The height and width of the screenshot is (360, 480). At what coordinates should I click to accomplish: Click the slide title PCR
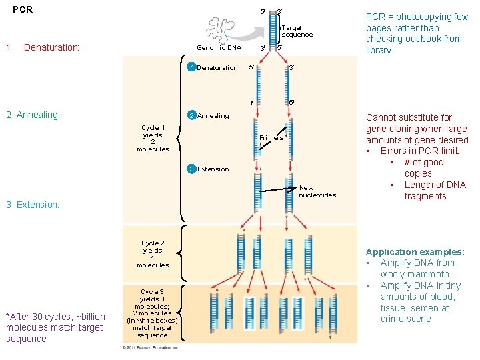pyautogui.click(x=23, y=10)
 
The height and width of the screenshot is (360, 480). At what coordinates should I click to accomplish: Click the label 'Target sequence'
pyautogui.click(x=297, y=31)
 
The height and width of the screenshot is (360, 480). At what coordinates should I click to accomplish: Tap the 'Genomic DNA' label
pyautogui.click(x=219, y=48)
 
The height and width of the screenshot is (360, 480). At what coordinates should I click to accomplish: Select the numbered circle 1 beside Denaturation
pyautogui.click(x=191, y=67)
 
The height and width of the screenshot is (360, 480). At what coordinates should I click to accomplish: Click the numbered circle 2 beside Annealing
pyautogui.click(x=191, y=116)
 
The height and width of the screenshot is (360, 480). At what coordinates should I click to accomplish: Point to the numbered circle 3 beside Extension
pyautogui.click(x=191, y=169)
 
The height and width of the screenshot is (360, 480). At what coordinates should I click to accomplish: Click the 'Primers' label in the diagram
pyautogui.click(x=271, y=138)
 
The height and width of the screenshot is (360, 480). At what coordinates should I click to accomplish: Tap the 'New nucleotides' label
pyautogui.click(x=317, y=191)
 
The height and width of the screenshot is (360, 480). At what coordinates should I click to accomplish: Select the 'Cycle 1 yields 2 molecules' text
pyautogui.click(x=153, y=138)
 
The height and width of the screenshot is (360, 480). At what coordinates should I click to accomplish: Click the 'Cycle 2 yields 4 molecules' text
pyautogui.click(x=153, y=254)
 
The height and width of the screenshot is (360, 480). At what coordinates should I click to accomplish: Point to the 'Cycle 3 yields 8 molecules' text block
pyautogui.click(x=153, y=313)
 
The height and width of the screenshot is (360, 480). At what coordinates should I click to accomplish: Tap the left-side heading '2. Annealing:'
pyautogui.click(x=33, y=115)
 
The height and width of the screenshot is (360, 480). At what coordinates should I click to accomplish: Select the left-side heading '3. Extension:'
pyautogui.click(x=33, y=205)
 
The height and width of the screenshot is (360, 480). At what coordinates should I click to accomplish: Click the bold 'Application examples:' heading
pyautogui.click(x=415, y=252)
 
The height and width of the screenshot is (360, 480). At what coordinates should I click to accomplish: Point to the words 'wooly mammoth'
pyautogui.click(x=415, y=274)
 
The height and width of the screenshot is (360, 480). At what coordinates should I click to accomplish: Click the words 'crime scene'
pyautogui.click(x=406, y=319)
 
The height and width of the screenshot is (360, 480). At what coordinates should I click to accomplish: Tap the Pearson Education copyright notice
pyautogui.click(x=151, y=347)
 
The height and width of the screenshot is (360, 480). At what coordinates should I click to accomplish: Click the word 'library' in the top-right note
pyautogui.click(x=379, y=51)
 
